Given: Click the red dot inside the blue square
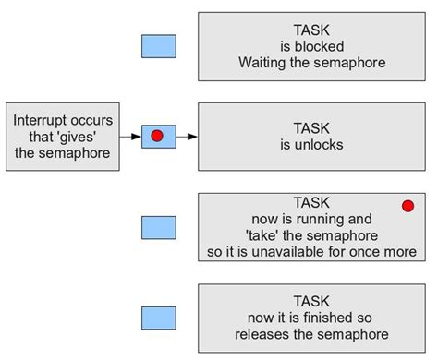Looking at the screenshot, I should (x=157, y=136).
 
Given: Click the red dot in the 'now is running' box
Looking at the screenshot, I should (x=408, y=206).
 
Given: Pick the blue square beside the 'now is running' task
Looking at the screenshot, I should (x=158, y=228).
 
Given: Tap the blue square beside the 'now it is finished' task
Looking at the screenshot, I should (x=158, y=318).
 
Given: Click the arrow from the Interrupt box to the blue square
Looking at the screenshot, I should (x=133, y=137).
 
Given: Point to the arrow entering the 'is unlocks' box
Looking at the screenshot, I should (x=188, y=137).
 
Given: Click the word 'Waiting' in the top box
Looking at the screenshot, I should (x=265, y=63).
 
